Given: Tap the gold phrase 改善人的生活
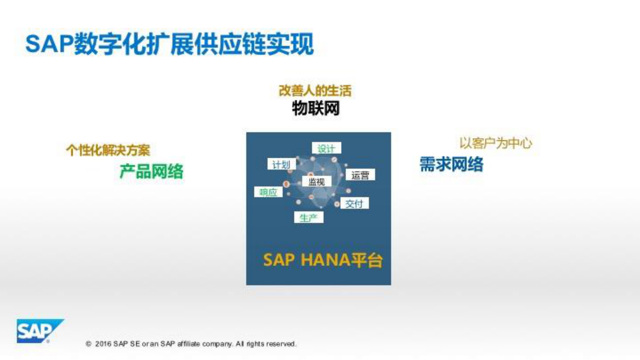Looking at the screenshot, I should [315, 90].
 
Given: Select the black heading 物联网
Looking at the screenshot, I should [316, 108].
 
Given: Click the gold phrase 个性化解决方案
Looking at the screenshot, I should [108, 150].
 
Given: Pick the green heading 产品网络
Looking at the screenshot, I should [151, 172].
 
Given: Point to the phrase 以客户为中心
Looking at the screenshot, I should [496, 143].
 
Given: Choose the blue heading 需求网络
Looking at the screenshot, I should [451, 164].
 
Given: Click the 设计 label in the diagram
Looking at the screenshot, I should [326, 149].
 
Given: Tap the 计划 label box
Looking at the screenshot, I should [281, 164].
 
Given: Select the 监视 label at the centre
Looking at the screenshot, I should [317, 182].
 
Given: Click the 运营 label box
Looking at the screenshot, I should [360, 175].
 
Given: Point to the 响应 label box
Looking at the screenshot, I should [268, 192].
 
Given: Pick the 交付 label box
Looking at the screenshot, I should [354, 204].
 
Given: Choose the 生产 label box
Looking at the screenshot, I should [309, 218].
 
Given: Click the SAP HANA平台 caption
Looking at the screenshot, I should [323, 260].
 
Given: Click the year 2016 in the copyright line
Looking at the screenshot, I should [103, 344].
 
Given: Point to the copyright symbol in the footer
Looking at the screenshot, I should [88, 344].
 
